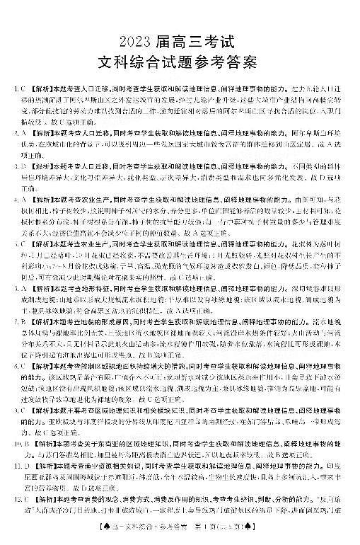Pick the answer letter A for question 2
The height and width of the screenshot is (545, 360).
(23, 132)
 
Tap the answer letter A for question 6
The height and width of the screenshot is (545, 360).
(23, 288)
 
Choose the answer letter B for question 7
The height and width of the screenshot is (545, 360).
(23, 321)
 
